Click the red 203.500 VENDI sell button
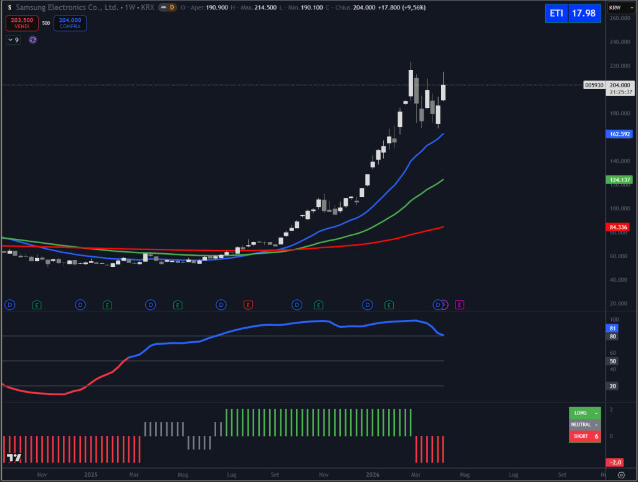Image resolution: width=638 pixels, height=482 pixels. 22,23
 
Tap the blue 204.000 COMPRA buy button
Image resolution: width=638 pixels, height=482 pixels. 70,23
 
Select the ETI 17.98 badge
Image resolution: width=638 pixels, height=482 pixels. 573,13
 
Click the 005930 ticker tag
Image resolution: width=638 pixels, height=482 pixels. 594,85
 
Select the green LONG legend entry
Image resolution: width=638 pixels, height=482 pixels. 584,413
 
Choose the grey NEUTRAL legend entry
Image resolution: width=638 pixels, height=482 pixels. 584,425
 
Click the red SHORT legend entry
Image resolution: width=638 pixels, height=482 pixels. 584,436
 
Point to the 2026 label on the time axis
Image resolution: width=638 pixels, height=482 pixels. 373,475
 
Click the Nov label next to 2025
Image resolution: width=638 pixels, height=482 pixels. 42,475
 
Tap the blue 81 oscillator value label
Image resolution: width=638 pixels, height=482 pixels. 612,328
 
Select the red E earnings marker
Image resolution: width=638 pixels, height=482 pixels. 248,305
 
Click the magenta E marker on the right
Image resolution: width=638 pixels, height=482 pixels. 460,305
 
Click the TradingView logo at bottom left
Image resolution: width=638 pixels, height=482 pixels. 14,458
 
